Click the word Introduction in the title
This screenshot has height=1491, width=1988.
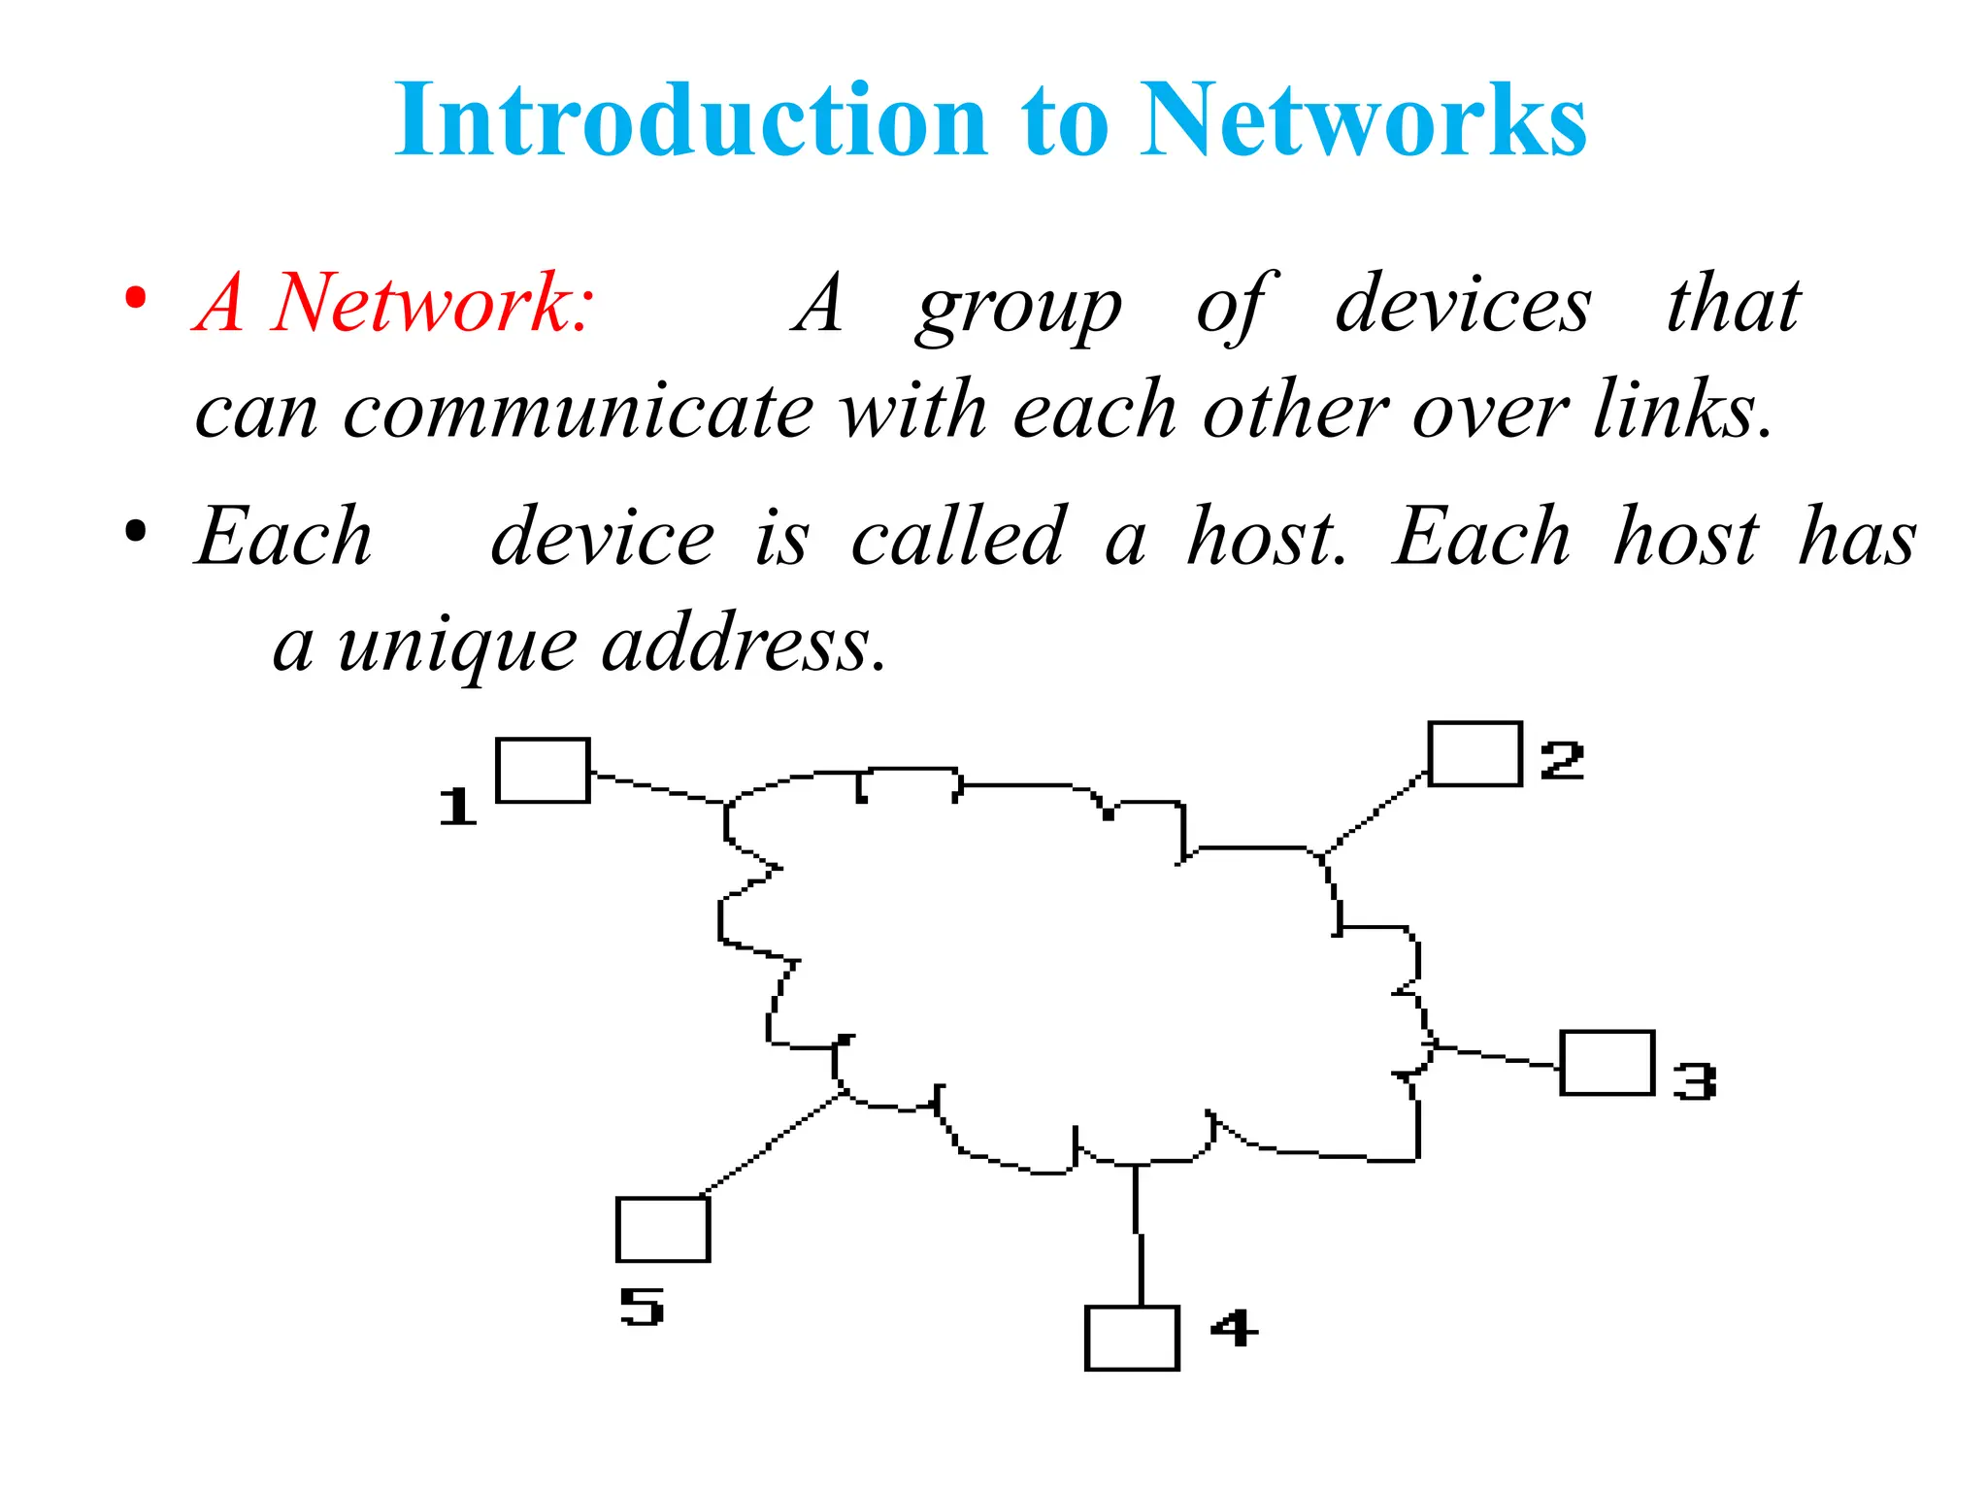click(689, 120)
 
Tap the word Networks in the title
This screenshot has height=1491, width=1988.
click(1363, 120)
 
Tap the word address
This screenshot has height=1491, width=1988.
click(743, 646)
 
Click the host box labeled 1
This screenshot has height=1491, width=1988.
click(543, 771)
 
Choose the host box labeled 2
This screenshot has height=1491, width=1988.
click(1474, 754)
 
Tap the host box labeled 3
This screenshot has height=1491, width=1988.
click(1607, 1063)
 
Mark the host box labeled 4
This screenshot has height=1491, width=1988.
click(1132, 1339)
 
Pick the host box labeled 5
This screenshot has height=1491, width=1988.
click(663, 1229)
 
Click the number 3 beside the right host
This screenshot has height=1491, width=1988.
click(1695, 1081)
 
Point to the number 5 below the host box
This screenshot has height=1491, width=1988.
click(642, 1307)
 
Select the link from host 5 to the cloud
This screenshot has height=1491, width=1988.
click(773, 1143)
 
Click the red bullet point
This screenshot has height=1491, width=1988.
click(136, 298)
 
